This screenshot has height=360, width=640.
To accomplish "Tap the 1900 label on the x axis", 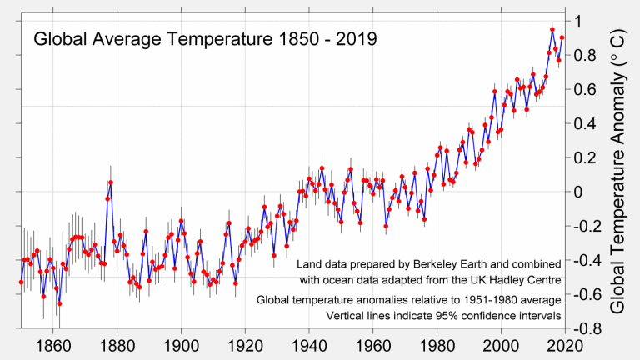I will tap(181, 344).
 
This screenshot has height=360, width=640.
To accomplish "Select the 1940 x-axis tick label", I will tap(309, 344).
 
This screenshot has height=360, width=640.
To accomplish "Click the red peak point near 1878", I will tap(110, 182).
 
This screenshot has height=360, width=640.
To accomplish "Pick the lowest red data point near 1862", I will tap(59, 303).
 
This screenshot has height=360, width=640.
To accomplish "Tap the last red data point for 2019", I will tap(562, 37).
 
